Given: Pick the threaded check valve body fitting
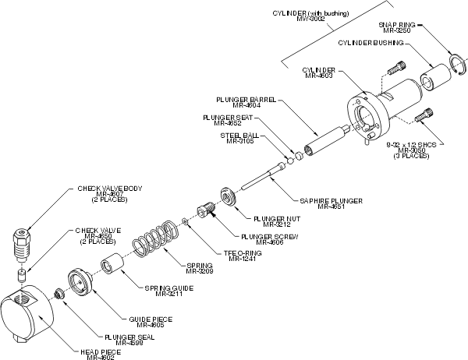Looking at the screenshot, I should (x=21, y=245).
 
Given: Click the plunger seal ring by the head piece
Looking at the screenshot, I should (x=59, y=295).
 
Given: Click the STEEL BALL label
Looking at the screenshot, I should (x=233, y=135).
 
